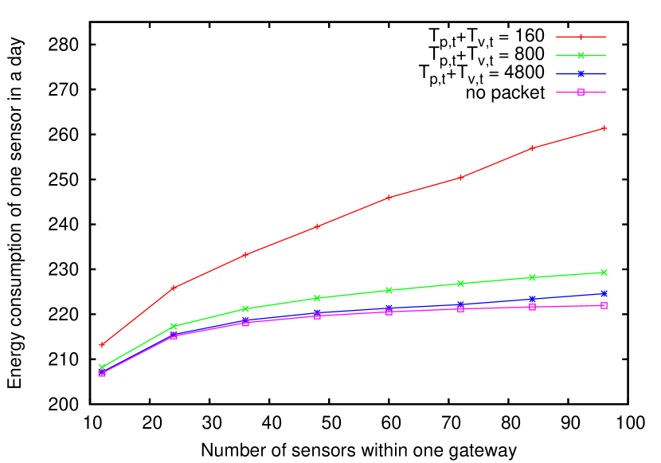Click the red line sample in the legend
pos(581,37)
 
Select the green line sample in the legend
pos(581,56)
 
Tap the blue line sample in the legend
pos(581,73)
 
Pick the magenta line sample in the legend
pos(581,92)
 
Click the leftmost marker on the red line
pos(102,345)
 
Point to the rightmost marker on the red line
pos(604,128)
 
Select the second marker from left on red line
pos(174,288)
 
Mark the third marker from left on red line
pos(245,255)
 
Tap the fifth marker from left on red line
pos(389,197)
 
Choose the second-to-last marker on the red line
pos(532,147)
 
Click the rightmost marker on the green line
pos(604,273)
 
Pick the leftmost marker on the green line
pos(102,367)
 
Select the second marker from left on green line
pos(174,327)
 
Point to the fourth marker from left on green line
pos(317,298)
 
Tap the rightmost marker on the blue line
pos(604,293)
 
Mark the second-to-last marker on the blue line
pos(532,300)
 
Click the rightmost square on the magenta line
pos(604,306)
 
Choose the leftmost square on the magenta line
pos(102,373)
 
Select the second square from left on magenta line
pos(174,336)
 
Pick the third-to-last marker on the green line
pos(460,284)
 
